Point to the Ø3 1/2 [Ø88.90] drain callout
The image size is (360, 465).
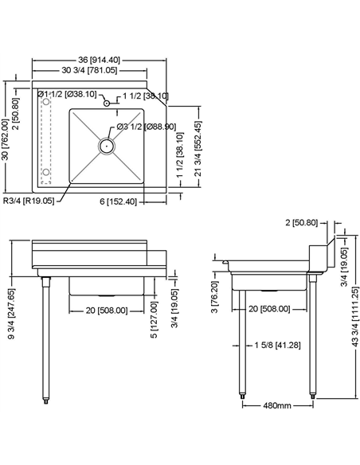147,127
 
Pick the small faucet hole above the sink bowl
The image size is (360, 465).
105,102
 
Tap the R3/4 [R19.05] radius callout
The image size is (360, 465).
28,201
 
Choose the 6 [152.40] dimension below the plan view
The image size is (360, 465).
123,201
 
